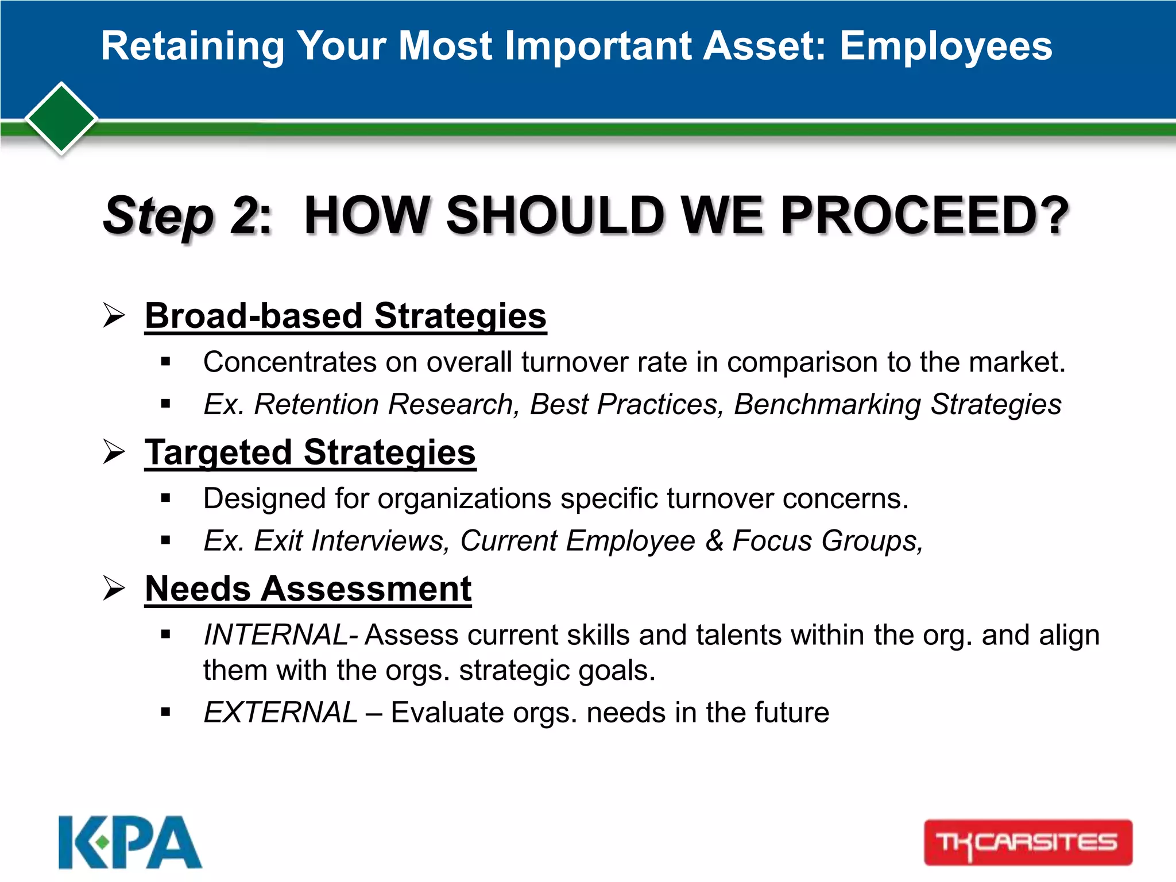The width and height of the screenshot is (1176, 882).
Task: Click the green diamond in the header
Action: pyautogui.click(x=61, y=119)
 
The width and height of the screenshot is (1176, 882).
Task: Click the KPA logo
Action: pyautogui.click(x=130, y=842)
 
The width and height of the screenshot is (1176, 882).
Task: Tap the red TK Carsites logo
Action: pyautogui.click(x=1028, y=842)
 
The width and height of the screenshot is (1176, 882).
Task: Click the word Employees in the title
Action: pyautogui.click(x=946, y=46)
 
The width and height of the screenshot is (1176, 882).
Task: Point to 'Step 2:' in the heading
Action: pyautogui.click(x=187, y=216)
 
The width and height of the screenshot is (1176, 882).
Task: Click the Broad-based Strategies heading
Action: pyautogui.click(x=345, y=316)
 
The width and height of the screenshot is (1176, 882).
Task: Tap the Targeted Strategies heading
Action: pyautogui.click(x=310, y=452)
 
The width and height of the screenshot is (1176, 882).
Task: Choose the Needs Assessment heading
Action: pyautogui.click(x=308, y=589)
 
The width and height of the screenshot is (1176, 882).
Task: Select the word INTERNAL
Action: pyautogui.click(x=276, y=635)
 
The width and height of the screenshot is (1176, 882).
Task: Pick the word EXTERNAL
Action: pyautogui.click(x=281, y=713)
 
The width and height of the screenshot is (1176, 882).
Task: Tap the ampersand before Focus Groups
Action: pyautogui.click(x=714, y=540)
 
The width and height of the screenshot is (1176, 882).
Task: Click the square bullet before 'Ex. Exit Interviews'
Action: pyautogui.click(x=166, y=540)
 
